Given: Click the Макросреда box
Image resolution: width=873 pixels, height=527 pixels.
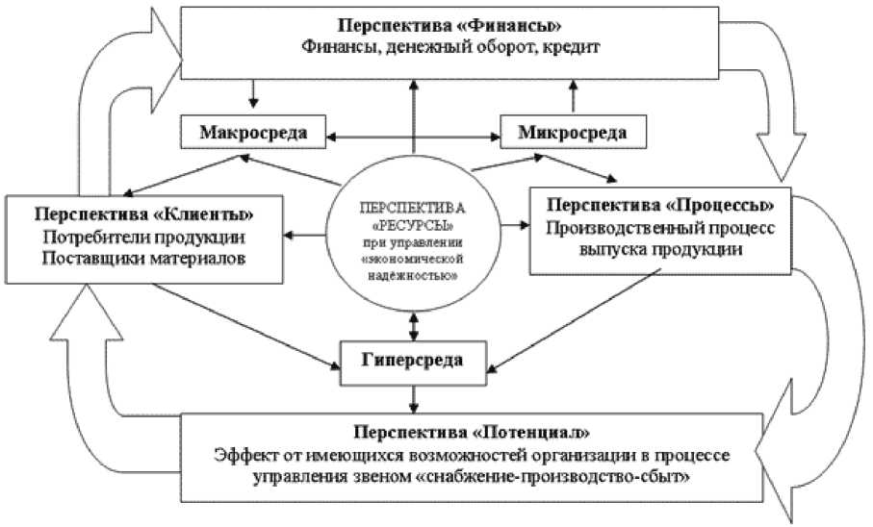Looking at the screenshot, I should point(252,133).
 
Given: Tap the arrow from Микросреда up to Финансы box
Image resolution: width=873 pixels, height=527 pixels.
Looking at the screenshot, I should point(574,98).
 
